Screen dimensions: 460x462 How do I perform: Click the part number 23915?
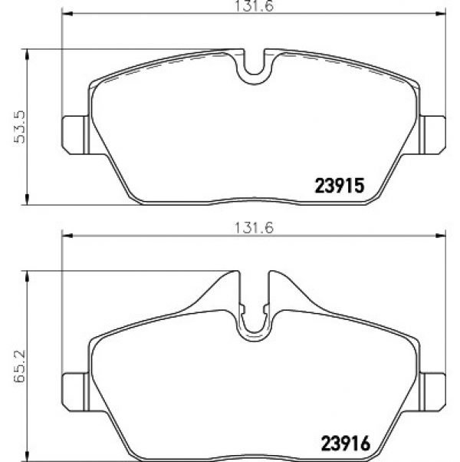click(x=340, y=186)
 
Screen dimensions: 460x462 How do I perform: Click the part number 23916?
click(x=346, y=444)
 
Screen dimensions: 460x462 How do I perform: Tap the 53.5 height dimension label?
click(x=20, y=127)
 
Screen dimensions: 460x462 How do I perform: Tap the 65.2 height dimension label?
click(x=20, y=366)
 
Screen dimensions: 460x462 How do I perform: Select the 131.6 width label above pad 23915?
click(x=254, y=6)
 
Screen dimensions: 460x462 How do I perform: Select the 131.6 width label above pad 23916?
click(x=254, y=228)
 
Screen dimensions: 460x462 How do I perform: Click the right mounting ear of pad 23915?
click(x=432, y=135)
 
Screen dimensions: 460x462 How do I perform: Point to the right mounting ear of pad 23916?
click(x=432, y=392)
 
